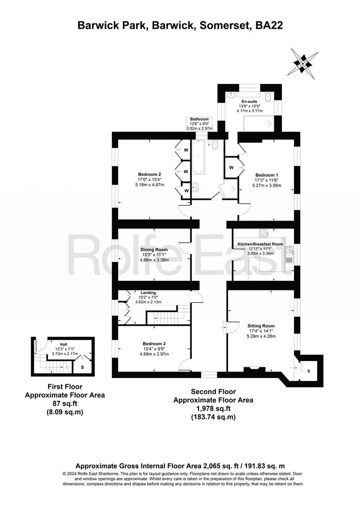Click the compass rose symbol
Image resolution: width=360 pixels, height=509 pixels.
pos(303,63)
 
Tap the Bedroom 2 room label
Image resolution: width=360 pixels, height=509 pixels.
pos(149,173)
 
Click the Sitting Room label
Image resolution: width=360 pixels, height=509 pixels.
pos(261,326)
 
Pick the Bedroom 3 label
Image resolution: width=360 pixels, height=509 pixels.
pos(154,344)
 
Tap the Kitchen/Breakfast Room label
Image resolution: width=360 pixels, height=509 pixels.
pos(261,244)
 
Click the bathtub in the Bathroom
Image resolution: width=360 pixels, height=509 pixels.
pos(198,157)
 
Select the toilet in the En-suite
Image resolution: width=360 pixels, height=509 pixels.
pos(268,97)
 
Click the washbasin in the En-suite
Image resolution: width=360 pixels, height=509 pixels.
pos(231,95)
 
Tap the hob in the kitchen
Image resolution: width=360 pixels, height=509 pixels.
pos(263,233)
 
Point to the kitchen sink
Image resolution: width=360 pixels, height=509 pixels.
pos(289,254)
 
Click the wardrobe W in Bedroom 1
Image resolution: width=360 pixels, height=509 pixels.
pos(231,167)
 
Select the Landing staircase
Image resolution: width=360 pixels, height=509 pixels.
pos(165,314)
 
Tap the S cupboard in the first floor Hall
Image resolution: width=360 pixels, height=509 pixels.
pos(82,367)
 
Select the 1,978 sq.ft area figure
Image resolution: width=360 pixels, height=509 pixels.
pos(213,408)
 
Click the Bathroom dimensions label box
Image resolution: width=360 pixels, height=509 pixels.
pos(199,124)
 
